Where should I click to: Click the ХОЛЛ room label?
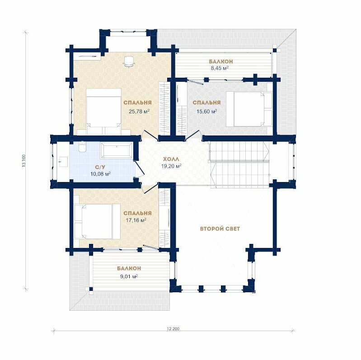click(x=171, y=159)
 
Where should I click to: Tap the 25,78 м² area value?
click(x=139, y=112)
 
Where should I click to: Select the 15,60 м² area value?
click(x=207, y=112)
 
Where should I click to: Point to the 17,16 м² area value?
click(x=136, y=220)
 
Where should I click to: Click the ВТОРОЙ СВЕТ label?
click(x=220, y=229)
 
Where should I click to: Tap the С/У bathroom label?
click(x=100, y=167)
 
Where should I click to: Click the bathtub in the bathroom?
click(x=117, y=150)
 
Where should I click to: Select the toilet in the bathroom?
click(x=82, y=147)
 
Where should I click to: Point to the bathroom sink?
click(x=63, y=162)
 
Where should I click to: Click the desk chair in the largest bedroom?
click(x=128, y=61)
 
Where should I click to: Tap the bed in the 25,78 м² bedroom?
click(x=104, y=112)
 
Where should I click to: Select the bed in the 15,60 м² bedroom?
click(x=249, y=109)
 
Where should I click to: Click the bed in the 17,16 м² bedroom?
click(x=98, y=221)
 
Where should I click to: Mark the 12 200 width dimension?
click(x=173, y=329)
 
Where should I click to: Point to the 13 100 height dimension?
click(x=23, y=160)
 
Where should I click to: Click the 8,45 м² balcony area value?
click(x=220, y=68)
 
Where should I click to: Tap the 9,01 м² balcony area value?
click(x=129, y=276)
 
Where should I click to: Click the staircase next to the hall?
click(x=239, y=165)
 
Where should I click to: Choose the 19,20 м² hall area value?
click(x=171, y=166)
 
